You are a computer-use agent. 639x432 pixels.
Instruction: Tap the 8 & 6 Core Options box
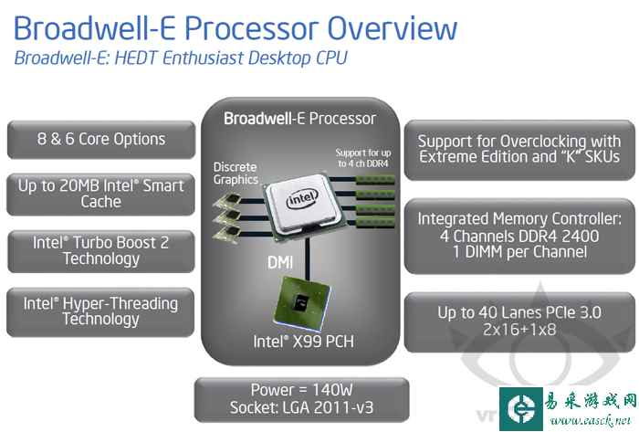point(101,140)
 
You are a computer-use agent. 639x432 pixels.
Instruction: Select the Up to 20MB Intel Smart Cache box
point(101,193)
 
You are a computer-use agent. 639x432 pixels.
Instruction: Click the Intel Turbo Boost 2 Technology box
point(101,250)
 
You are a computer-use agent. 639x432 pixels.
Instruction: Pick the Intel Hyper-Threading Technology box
point(101,311)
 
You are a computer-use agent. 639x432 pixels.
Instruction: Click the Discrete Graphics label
point(235,174)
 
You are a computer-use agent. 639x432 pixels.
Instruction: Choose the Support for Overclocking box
point(519,148)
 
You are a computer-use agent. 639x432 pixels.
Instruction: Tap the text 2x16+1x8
point(519,329)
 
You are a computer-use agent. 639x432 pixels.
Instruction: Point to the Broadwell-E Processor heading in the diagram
point(299,119)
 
